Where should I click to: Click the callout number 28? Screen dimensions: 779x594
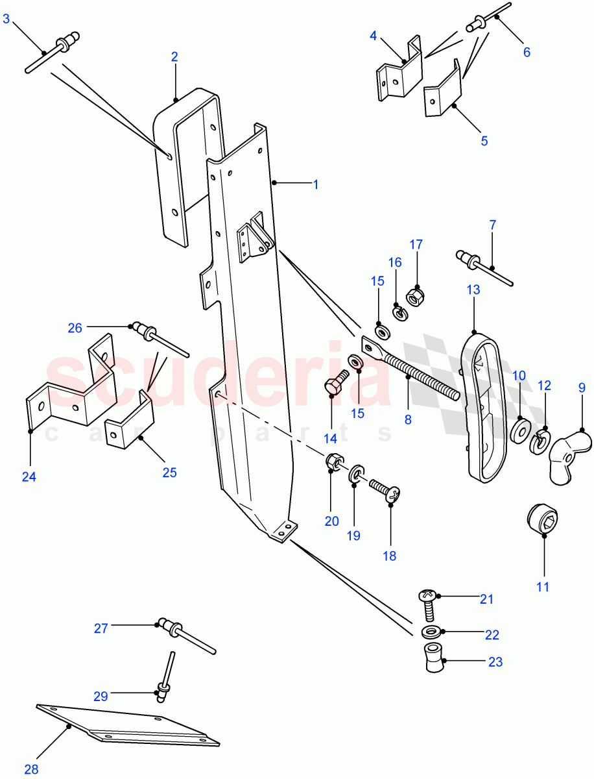coord(31,769)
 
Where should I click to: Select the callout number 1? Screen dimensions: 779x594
coord(316,184)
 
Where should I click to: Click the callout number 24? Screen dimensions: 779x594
coord(29,477)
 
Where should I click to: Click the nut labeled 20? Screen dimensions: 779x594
coord(333,463)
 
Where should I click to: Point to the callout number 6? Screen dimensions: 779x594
coord(527,52)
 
